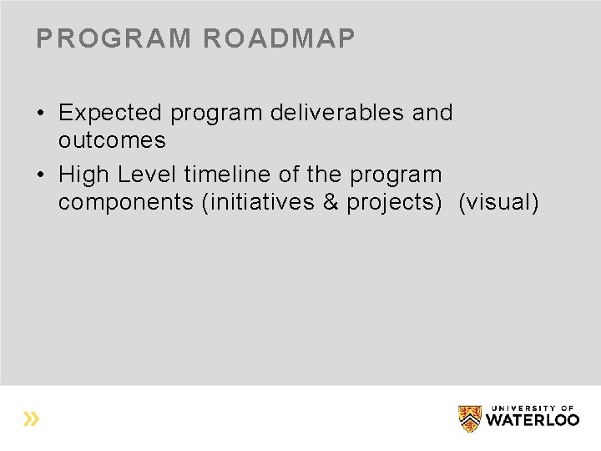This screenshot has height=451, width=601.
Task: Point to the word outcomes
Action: [x=112, y=140]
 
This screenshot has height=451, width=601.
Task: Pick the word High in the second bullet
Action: [x=84, y=175]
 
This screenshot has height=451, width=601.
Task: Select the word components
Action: [x=126, y=202]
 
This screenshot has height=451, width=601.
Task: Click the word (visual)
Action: [x=498, y=202]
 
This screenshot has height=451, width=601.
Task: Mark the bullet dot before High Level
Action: [x=40, y=175]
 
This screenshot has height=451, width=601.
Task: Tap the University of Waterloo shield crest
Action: [x=470, y=418]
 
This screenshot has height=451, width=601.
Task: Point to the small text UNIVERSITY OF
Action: [x=535, y=407]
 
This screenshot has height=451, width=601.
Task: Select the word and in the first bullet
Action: [x=432, y=113]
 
